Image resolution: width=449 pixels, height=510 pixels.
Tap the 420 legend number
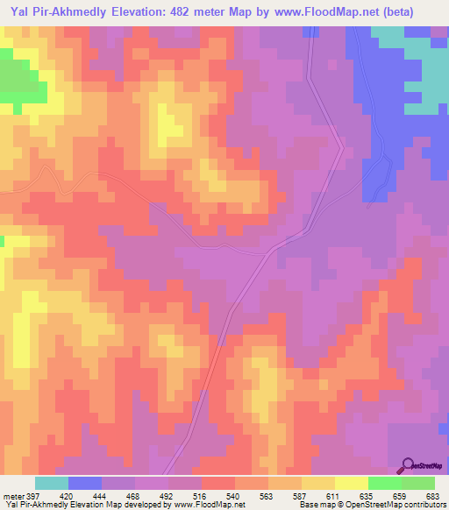coord(77,496)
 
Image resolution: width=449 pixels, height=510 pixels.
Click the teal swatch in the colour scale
coord(52,483)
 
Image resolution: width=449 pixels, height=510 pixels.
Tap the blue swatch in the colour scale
coord(85,483)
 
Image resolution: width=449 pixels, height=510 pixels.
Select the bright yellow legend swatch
coord(351,483)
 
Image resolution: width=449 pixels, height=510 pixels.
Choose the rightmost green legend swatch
coord(418,483)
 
